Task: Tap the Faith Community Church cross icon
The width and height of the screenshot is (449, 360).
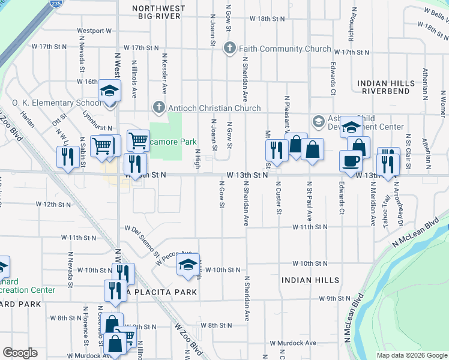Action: click(x=229, y=49)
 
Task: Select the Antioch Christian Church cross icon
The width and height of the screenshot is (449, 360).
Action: click(x=158, y=108)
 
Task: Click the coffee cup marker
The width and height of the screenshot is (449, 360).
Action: click(x=351, y=160)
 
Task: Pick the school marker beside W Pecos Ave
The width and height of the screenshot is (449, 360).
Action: click(x=188, y=264)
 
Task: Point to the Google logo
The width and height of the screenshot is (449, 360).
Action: click(x=20, y=353)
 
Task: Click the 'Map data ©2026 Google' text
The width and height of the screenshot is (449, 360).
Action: click(x=411, y=355)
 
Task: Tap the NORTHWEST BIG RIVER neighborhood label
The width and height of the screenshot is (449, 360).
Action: click(x=157, y=11)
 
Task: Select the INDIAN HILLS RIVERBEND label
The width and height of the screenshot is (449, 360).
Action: click(x=385, y=87)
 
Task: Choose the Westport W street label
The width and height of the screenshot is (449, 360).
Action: click(x=94, y=31)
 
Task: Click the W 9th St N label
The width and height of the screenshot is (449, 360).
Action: click(x=335, y=298)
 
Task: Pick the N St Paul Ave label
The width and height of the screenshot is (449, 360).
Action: click(x=310, y=202)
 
